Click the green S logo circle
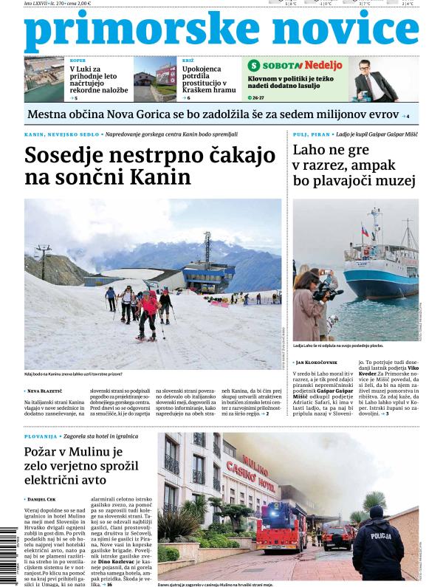(254, 66)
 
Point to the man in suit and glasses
(372, 80)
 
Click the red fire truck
(281, 527)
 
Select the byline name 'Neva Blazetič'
(46, 391)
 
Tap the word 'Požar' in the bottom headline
(48, 453)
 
